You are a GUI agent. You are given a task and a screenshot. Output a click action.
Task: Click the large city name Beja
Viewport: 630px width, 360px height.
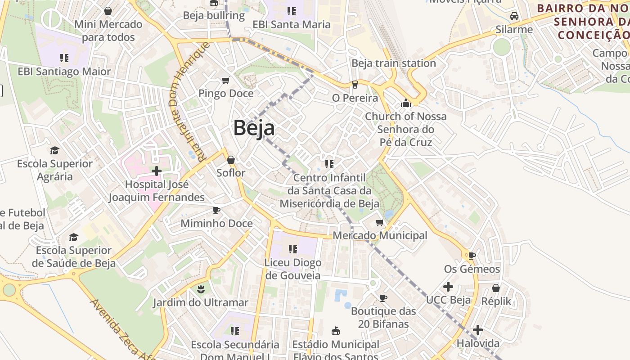[254, 128]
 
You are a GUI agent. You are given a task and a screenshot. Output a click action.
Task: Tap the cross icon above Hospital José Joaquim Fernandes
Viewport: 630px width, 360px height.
[157, 171]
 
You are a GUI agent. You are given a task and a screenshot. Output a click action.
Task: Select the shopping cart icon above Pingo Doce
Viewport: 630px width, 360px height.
[226, 81]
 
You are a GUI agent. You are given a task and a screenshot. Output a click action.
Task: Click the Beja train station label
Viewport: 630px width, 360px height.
[393, 63]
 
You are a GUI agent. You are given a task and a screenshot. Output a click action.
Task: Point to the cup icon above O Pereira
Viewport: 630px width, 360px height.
[355, 85]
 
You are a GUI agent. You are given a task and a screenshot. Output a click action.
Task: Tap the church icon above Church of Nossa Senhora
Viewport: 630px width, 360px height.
[406, 103]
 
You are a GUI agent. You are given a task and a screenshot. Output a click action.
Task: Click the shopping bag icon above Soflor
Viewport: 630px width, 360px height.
[231, 160]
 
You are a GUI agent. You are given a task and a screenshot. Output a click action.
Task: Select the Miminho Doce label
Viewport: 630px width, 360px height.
[216, 223]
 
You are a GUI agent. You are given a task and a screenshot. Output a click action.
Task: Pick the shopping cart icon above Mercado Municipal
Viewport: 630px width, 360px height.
[380, 222]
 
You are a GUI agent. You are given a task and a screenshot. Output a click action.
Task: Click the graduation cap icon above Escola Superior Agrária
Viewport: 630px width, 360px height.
[54, 150]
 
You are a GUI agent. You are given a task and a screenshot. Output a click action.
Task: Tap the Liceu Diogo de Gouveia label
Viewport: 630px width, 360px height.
[293, 269]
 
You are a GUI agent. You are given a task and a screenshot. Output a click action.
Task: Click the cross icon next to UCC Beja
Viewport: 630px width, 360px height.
[448, 287]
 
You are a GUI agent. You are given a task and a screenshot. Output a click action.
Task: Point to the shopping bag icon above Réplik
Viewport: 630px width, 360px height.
[496, 288]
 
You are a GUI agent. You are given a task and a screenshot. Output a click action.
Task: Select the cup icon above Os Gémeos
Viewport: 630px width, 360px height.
[472, 256]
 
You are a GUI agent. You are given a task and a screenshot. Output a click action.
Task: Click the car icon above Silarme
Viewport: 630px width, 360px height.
[514, 17]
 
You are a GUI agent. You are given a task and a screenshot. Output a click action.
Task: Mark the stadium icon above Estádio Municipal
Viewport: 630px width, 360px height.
[335, 331]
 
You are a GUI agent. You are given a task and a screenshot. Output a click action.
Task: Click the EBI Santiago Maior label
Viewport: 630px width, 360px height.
[64, 72]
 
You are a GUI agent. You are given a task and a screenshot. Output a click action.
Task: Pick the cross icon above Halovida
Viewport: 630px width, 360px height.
[478, 330]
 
